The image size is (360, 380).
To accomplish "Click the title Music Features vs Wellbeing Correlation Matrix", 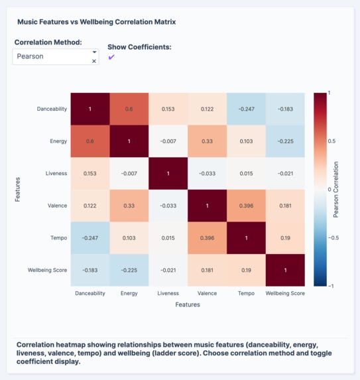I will [96, 22].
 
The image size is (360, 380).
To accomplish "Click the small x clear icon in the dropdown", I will [94, 61].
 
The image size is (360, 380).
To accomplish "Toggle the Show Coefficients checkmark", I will [111, 58].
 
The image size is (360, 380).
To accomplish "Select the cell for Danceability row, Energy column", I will [129, 109].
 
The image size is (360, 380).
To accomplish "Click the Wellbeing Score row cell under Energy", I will [129, 271].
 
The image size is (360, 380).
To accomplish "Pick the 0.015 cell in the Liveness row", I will [246, 174].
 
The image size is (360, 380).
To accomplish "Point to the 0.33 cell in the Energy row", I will [207, 141].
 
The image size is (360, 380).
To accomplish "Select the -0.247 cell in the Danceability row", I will [246, 109].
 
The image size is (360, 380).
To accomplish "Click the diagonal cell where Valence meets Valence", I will [207, 206].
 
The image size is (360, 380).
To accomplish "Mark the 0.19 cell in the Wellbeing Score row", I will [246, 271].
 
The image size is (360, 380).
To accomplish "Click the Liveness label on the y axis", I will [56, 174].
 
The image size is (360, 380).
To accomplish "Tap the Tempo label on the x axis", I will [246, 293].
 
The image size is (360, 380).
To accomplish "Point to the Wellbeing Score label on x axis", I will [285, 293].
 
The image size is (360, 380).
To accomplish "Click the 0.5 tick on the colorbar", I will [332, 141].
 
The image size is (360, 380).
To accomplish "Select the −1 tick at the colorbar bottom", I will [331, 286].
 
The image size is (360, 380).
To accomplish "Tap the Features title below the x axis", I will [188, 305].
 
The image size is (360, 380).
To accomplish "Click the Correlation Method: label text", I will [48, 42].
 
